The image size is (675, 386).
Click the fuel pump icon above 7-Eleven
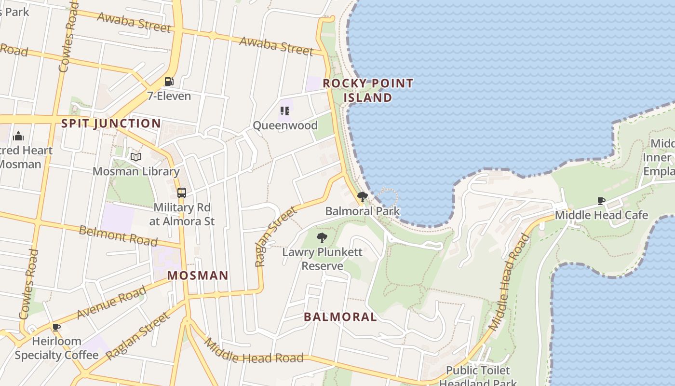[x=169, y=82]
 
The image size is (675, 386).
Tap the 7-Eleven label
[x=169, y=96]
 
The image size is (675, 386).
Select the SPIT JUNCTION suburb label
[x=111, y=124]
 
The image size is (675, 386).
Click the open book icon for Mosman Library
[x=136, y=157]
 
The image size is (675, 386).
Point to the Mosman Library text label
[x=136, y=171]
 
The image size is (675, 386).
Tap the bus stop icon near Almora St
[x=182, y=193]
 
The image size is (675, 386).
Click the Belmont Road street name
[x=118, y=235]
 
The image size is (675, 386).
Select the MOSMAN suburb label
[x=198, y=276]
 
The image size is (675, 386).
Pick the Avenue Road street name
[x=111, y=303]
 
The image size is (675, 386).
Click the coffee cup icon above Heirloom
[x=56, y=328]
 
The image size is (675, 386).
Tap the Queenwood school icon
[x=285, y=111]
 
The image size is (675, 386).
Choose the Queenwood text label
[x=285, y=125]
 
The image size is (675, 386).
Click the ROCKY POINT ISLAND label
[x=368, y=90]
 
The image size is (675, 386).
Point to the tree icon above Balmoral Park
[x=362, y=197]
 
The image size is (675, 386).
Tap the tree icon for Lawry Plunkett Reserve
[x=322, y=237]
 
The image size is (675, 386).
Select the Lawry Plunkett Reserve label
[x=322, y=259]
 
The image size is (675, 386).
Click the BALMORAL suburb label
[x=340, y=317]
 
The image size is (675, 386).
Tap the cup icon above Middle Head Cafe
[x=601, y=201]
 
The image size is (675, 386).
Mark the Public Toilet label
[x=477, y=371]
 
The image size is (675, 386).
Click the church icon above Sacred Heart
[x=18, y=136]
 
